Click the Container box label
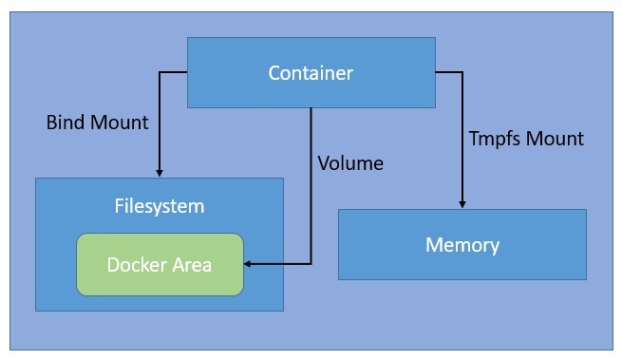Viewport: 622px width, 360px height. click(311, 73)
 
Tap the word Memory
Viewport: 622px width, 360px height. click(462, 245)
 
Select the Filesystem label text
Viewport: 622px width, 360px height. click(160, 205)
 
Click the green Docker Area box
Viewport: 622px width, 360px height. click(160, 263)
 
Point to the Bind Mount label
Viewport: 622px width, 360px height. click(98, 123)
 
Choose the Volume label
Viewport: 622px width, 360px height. click(350, 163)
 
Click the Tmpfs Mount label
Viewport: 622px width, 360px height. click(526, 139)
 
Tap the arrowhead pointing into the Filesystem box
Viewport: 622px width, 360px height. click(160, 173)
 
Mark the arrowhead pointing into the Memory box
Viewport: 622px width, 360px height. click(462, 204)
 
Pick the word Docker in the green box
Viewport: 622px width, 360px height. click(133, 263)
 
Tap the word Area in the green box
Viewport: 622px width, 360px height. click(190, 263)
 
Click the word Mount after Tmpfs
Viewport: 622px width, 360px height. click(556, 139)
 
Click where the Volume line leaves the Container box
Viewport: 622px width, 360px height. click(311, 107)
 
